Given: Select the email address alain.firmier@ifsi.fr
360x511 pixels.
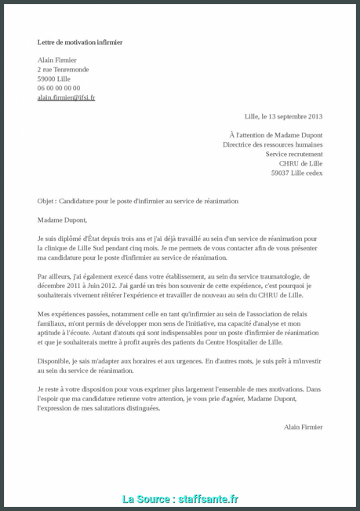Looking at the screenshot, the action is (x=66, y=97).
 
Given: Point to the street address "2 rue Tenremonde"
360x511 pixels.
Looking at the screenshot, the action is (x=64, y=69).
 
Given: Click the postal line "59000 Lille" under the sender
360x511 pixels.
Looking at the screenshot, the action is (x=54, y=78).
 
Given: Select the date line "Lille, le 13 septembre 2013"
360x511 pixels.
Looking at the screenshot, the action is (x=283, y=116).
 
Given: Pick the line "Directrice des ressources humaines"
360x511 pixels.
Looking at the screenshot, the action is (x=272, y=144).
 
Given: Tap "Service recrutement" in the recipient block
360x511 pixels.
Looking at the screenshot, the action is (x=293, y=154).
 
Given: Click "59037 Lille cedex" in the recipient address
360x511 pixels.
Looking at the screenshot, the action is (x=296, y=173).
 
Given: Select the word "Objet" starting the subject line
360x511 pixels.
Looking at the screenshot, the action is (x=46, y=201).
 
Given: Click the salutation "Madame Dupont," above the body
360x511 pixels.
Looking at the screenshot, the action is (x=62, y=220).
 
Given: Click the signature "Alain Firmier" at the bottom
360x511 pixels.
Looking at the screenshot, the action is (x=303, y=427).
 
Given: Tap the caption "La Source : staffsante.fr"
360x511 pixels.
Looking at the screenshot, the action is (x=180, y=499).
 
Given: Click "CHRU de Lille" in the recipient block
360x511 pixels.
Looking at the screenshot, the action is (x=300, y=163).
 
